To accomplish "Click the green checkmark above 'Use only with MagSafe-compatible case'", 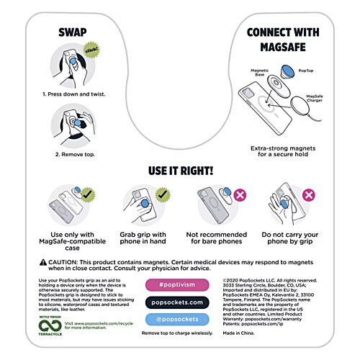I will click(x=89, y=195).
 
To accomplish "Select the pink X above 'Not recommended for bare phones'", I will click(x=237, y=195).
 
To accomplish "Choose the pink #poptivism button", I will click(x=181, y=285).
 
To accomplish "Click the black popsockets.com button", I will click(x=181, y=302).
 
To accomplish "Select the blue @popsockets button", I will click(x=181, y=319).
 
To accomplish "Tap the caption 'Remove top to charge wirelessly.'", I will click(x=181, y=333).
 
